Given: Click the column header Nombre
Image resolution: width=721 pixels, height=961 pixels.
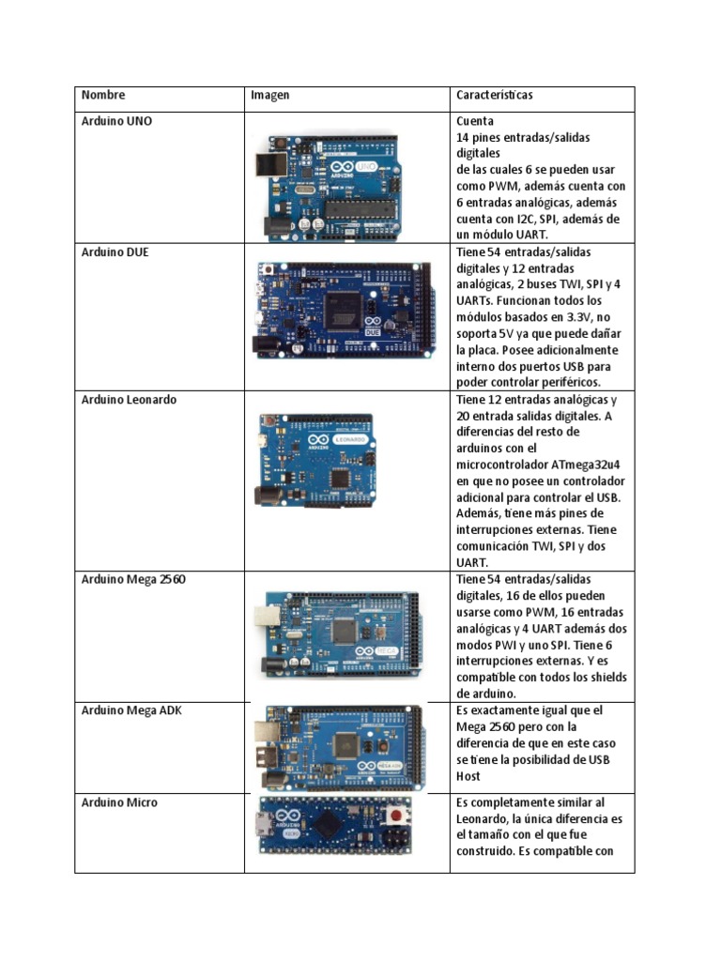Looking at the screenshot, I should pyautogui.click(x=103, y=96).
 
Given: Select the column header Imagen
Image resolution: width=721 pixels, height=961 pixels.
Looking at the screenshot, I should pyautogui.click(x=269, y=96).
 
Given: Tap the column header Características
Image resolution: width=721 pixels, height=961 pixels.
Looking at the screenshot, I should pyautogui.click(x=495, y=96).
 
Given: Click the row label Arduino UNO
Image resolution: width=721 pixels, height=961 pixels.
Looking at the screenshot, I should pyautogui.click(x=116, y=121).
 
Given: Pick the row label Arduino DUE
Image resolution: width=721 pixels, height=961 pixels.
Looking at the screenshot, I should pyautogui.click(x=115, y=252).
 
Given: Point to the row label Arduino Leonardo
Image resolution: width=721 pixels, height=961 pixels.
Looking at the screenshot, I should pyautogui.click(x=129, y=400).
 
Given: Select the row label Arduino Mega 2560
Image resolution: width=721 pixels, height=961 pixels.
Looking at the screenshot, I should pyautogui.click(x=133, y=580).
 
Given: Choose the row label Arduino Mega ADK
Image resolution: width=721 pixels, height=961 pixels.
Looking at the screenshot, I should pyautogui.click(x=131, y=710).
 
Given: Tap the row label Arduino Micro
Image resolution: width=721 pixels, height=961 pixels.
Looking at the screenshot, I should pyautogui.click(x=119, y=802).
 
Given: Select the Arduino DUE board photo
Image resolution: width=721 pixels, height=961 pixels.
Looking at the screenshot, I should pyautogui.click(x=344, y=310).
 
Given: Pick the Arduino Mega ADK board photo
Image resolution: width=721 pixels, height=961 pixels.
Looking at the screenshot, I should pyautogui.click(x=342, y=748).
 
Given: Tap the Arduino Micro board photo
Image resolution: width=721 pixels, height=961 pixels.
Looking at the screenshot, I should pyautogui.click(x=337, y=828).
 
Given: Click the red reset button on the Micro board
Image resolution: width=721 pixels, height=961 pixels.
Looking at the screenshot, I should pyautogui.click(x=405, y=813).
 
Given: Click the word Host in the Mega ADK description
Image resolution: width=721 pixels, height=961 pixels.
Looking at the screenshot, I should pyautogui.click(x=468, y=776).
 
